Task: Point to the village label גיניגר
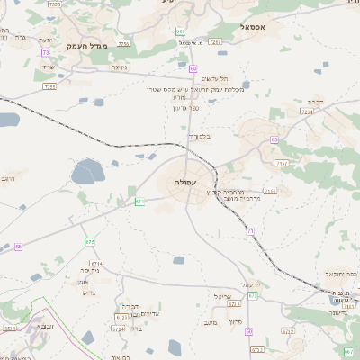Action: click(x=118, y=67)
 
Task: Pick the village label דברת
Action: click(x=314, y=102)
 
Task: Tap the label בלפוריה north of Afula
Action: click(x=198, y=137)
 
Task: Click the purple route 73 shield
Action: click(x=45, y=53)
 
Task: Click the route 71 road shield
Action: click(x=250, y=231)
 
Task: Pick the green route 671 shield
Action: click(x=139, y=202)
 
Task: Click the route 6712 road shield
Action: click(x=288, y=331)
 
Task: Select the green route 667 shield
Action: click(x=348, y=349)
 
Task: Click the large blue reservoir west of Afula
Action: click(x=87, y=170)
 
